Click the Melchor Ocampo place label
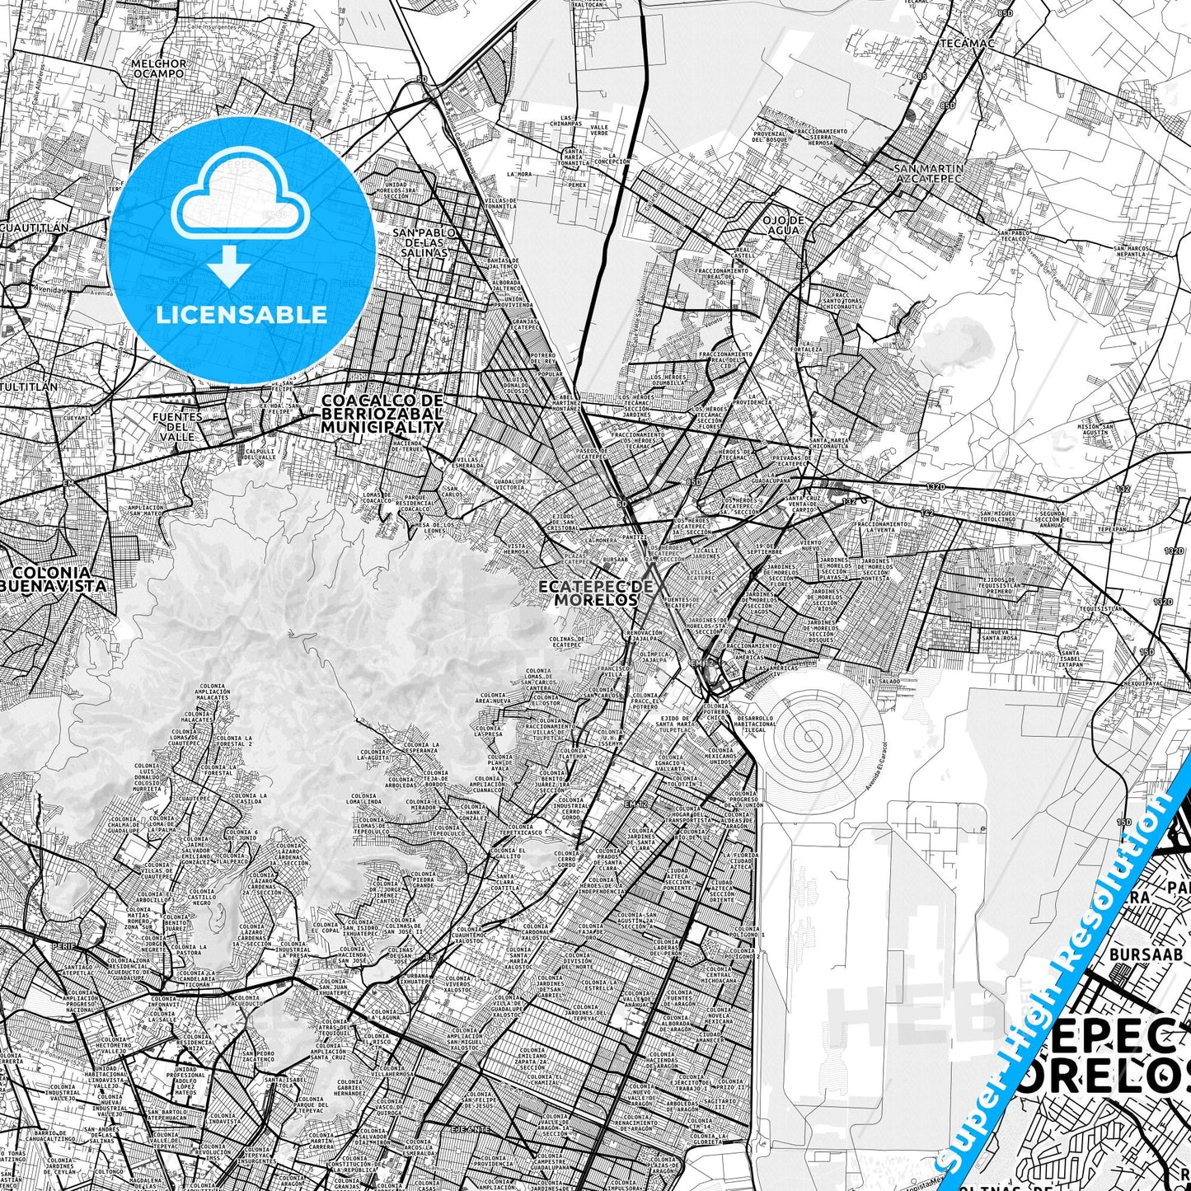tap(158, 68)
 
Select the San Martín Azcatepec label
tap(928, 173)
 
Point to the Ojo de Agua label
tap(783, 225)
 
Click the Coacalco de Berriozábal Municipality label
tap(382, 414)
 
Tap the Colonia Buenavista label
tap(54, 579)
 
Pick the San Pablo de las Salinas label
tap(424, 242)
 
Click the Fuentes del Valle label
tap(176, 426)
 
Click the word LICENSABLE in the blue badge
tap(241, 314)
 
